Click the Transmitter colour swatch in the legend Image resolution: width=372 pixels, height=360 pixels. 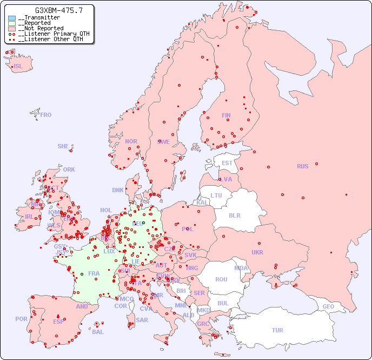tap(12, 18)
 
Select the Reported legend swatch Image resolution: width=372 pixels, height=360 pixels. tap(12, 23)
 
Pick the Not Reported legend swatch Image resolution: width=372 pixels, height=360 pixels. tap(12, 29)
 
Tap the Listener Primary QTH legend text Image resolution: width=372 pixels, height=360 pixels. tap(51, 34)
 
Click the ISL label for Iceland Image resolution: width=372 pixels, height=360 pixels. tap(18, 67)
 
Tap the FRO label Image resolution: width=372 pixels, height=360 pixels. tap(46, 115)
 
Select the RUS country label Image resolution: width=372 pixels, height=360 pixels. tap(302, 166)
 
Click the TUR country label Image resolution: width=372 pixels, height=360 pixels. tap(277, 330)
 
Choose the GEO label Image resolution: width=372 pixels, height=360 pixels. tap(328, 306)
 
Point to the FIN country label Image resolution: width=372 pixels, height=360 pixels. tap(226, 115)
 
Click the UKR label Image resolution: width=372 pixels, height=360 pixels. tap(257, 252)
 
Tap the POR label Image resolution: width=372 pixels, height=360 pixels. tap(21, 319)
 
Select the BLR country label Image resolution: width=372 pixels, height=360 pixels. tap(234, 215)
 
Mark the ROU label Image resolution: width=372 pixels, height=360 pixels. tap(221, 279)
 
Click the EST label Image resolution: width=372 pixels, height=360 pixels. tap(227, 163)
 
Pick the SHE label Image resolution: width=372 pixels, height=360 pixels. tap(63, 146)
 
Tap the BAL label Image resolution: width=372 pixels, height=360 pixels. tap(98, 332)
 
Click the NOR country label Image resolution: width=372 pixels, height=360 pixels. tap(131, 141)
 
